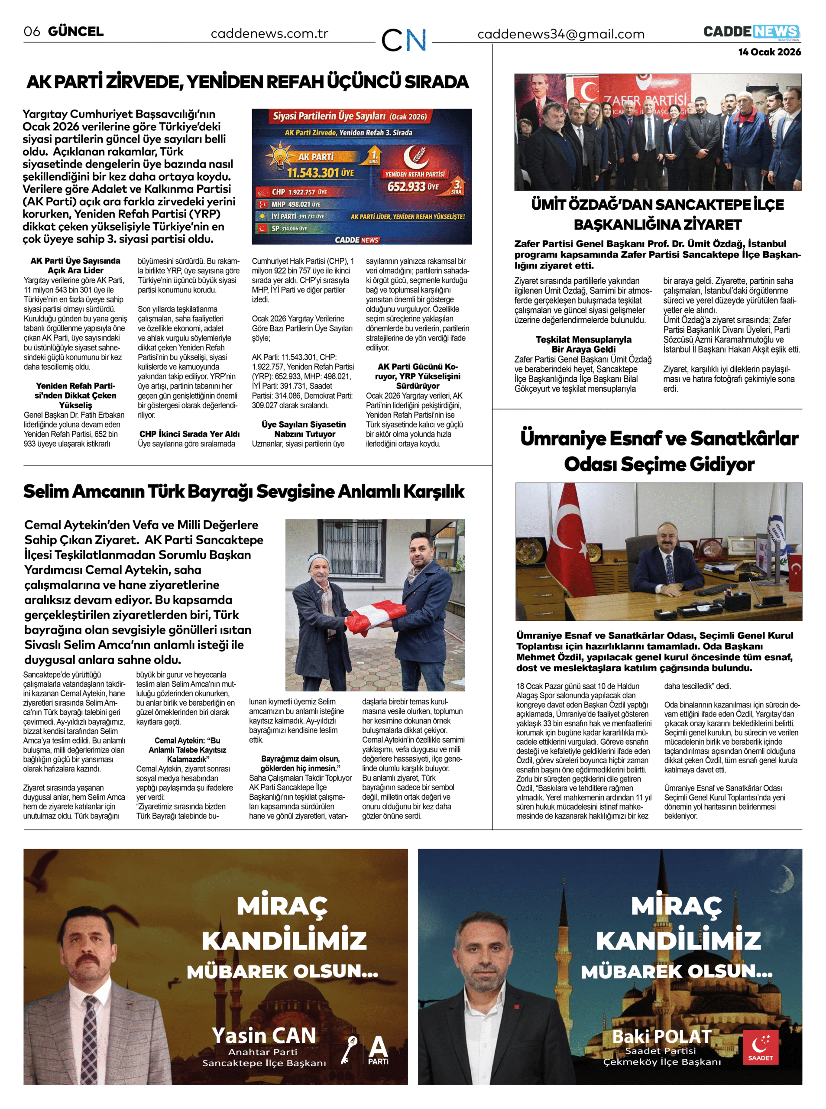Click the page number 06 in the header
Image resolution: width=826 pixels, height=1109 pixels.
(x=32, y=32)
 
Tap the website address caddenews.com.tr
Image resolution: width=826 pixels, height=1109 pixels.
(x=269, y=34)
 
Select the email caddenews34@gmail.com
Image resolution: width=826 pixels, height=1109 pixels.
(x=560, y=34)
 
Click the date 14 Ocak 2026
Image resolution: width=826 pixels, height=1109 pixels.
(x=770, y=52)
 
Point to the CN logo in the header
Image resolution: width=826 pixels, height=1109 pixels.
(x=404, y=40)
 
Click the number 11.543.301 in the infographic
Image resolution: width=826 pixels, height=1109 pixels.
(x=313, y=172)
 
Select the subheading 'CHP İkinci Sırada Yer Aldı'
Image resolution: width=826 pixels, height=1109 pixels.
(x=190, y=434)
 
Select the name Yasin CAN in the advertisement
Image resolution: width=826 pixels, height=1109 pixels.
(x=264, y=1035)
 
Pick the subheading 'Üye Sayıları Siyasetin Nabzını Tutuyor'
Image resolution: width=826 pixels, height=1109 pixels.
(x=304, y=429)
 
